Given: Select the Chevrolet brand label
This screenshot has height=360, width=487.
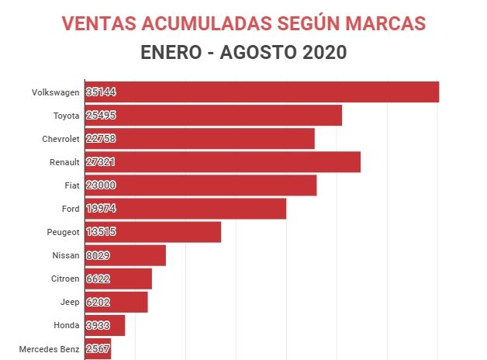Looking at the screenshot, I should [x=60, y=139].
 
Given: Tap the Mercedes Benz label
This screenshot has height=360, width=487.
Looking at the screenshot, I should [x=49, y=348].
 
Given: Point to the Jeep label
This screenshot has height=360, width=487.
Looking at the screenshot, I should [x=69, y=302].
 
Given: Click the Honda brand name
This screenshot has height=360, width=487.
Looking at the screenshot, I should [x=67, y=325].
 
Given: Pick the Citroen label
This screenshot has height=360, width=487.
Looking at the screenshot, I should [x=64, y=279].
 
